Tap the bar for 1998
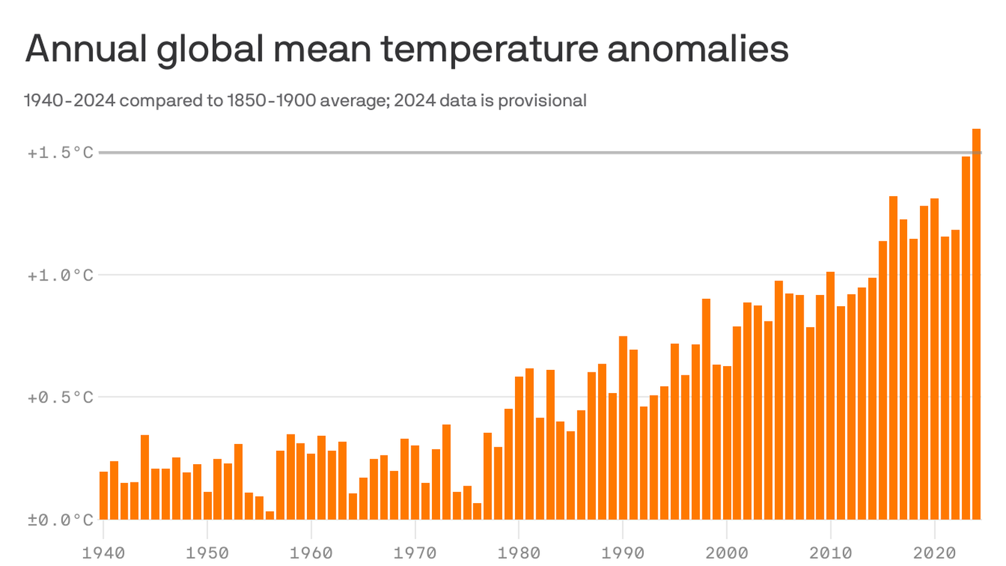click(x=706, y=409)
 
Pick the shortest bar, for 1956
click(x=270, y=515)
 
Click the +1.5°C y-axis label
click(x=60, y=153)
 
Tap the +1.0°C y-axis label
click(x=60, y=275)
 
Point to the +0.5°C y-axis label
click(x=60, y=397)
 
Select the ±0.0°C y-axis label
click(x=60, y=520)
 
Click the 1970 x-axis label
click(x=415, y=553)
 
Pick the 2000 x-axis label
click(x=726, y=553)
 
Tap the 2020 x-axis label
click(x=934, y=553)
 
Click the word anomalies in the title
click(x=697, y=49)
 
